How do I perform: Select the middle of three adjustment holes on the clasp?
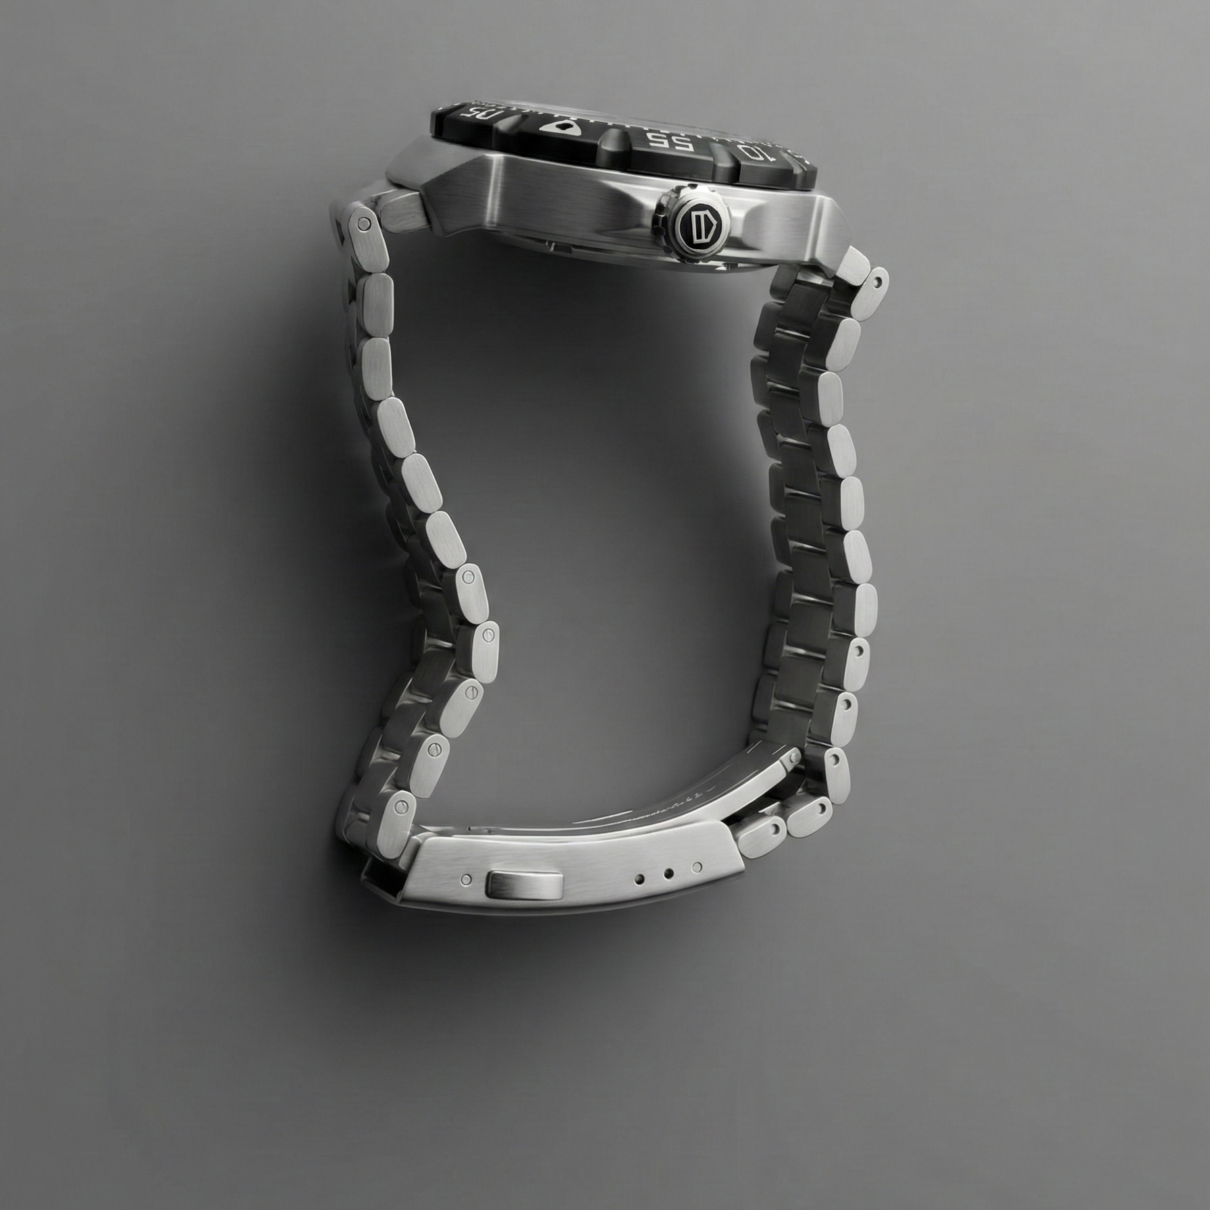(x=668, y=874)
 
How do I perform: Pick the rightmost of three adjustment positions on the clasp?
(x=698, y=866)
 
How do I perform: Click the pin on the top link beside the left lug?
(x=364, y=223)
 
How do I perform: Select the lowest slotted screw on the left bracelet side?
(x=404, y=805)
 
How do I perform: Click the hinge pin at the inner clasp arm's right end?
(x=787, y=758)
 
